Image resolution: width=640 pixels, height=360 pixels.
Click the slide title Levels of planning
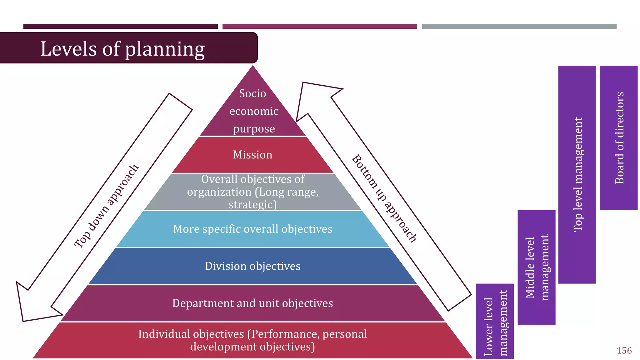coord(122,49)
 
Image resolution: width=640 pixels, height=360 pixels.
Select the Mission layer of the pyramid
coord(252,155)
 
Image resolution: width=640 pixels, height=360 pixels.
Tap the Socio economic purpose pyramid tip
coord(253,111)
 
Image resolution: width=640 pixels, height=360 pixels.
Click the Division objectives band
coord(252,266)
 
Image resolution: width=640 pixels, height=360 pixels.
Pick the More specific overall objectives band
coord(252,229)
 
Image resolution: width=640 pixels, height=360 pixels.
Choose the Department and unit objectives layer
coord(252,303)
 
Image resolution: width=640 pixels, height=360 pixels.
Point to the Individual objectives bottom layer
coord(252,340)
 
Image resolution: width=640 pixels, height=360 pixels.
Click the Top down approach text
coord(106,206)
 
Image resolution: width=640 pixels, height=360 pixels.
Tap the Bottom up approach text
coord(384,198)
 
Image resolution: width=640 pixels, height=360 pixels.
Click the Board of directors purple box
coord(618,138)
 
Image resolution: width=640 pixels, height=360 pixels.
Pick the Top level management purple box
coord(577,174)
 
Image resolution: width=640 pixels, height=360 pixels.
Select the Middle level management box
coord(536,267)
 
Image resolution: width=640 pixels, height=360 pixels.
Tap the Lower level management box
coord(494,322)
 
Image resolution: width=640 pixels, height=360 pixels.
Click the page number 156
coord(624,351)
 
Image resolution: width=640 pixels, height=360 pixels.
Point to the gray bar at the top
coord(519,27)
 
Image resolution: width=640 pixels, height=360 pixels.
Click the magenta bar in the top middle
coord(319,27)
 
